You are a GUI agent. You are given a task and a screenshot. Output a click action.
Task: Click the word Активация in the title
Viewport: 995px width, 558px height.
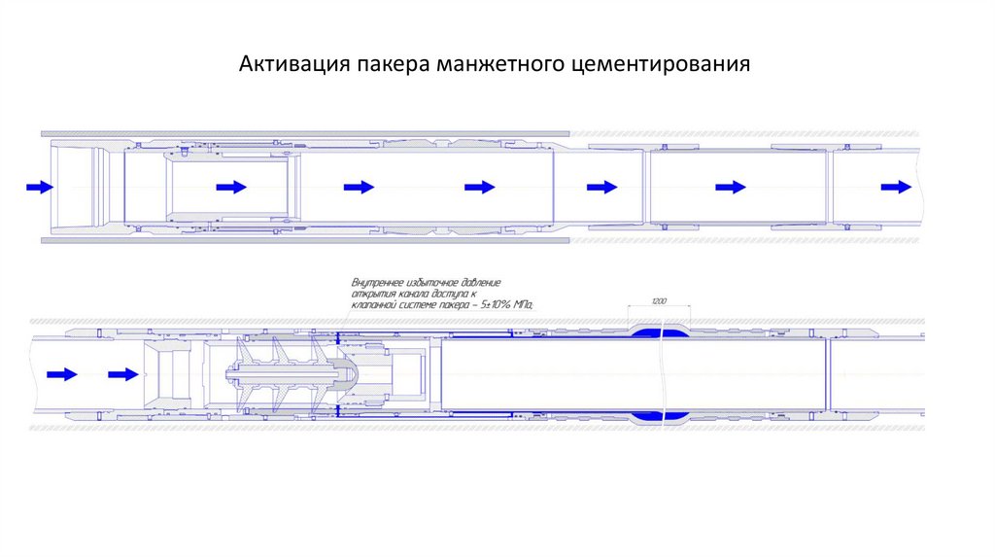click(280, 66)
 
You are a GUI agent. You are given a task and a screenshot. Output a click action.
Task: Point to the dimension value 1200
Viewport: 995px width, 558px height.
click(659, 303)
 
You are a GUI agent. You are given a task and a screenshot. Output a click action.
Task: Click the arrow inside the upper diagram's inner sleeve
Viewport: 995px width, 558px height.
click(231, 187)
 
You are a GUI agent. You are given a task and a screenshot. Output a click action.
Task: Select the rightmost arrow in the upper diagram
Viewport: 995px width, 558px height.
click(896, 187)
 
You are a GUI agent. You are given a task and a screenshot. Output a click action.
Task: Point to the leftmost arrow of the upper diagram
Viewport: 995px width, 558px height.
click(40, 187)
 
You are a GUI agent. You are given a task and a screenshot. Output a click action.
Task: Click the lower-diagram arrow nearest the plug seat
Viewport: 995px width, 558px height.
click(122, 373)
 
